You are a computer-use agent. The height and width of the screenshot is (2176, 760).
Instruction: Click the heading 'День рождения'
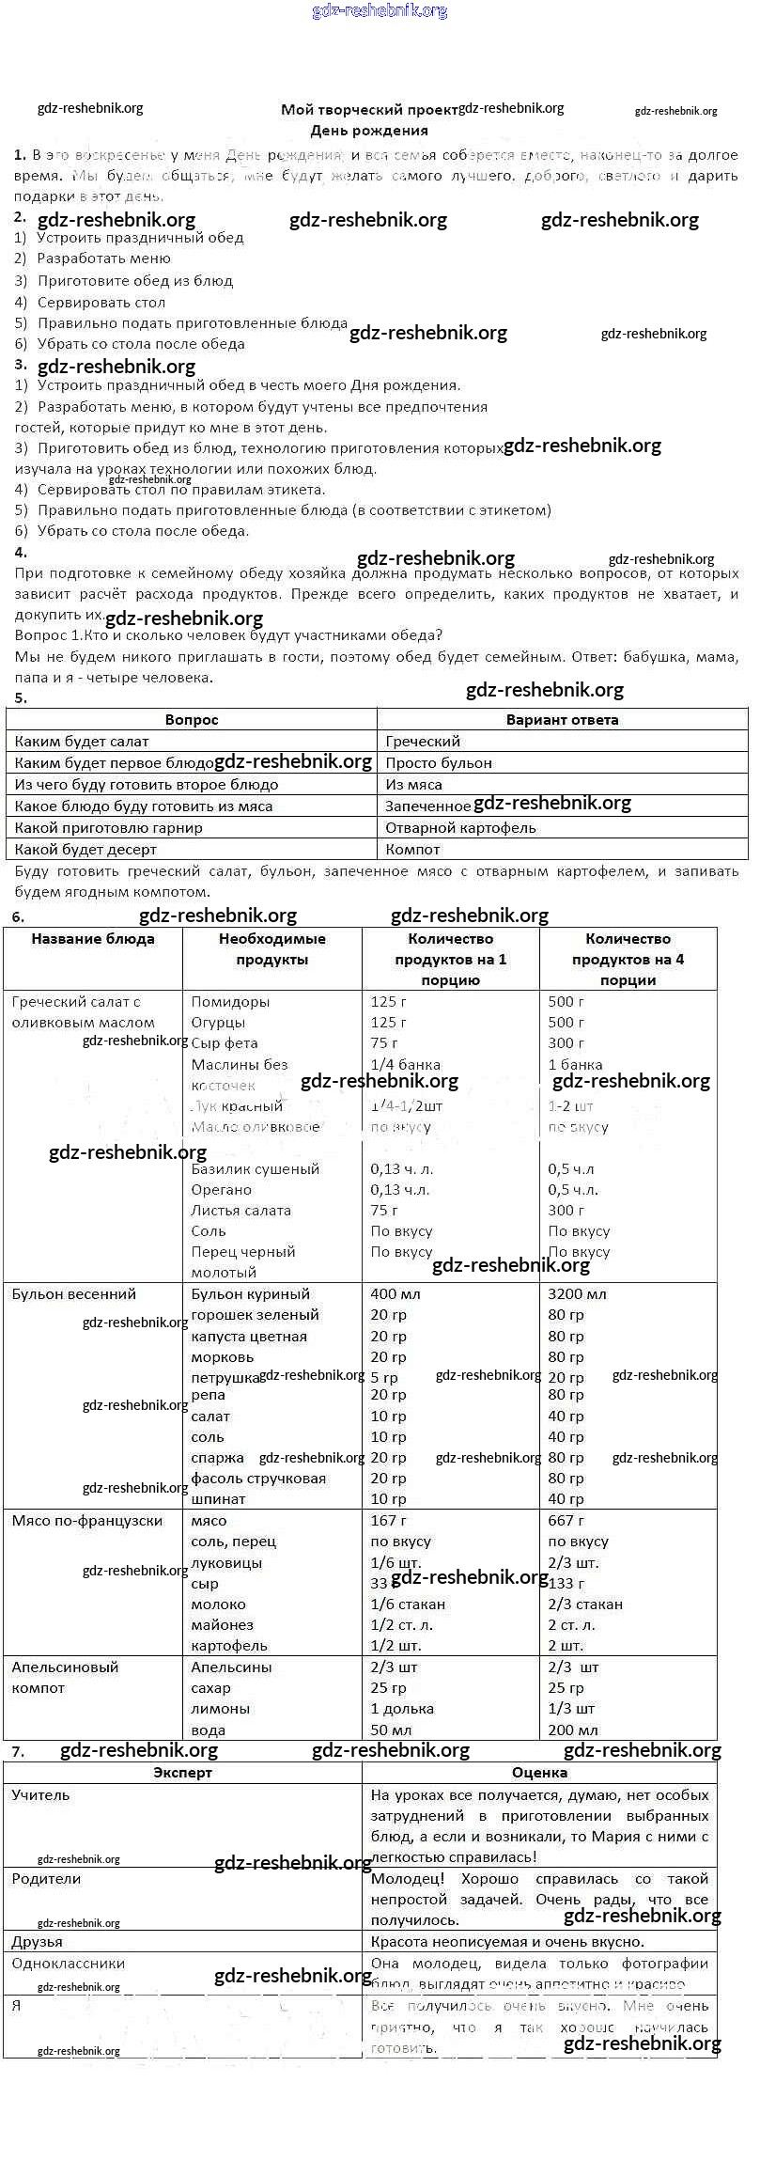(369, 131)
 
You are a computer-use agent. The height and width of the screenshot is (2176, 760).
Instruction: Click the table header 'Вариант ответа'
(562, 720)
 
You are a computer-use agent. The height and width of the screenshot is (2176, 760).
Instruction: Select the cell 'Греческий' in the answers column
(423, 742)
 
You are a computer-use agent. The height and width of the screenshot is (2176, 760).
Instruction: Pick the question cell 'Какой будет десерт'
(85, 850)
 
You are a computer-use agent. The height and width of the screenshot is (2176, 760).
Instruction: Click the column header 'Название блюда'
(93, 939)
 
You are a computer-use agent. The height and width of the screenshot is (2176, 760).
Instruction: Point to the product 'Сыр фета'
(225, 1043)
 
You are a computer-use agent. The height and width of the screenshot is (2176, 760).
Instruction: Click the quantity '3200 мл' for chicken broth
(577, 1294)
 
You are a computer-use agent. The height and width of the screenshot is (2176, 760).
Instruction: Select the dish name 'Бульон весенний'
(73, 1294)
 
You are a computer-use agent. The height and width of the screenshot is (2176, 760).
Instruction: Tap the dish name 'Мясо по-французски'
(86, 1521)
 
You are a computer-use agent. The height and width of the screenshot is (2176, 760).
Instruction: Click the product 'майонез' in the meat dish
(222, 1625)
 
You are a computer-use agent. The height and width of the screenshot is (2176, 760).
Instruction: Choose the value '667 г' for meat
(566, 1521)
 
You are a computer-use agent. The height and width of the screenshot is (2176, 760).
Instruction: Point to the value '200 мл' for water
(572, 1730)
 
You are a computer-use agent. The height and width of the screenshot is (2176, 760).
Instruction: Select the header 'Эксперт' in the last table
(182, 1773)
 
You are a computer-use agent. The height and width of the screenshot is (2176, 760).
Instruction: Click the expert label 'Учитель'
(40, 1795)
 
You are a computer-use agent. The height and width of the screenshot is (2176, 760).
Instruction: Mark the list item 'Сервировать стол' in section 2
(101, 303)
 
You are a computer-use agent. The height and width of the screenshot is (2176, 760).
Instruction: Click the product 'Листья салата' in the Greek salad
(240, 1211)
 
